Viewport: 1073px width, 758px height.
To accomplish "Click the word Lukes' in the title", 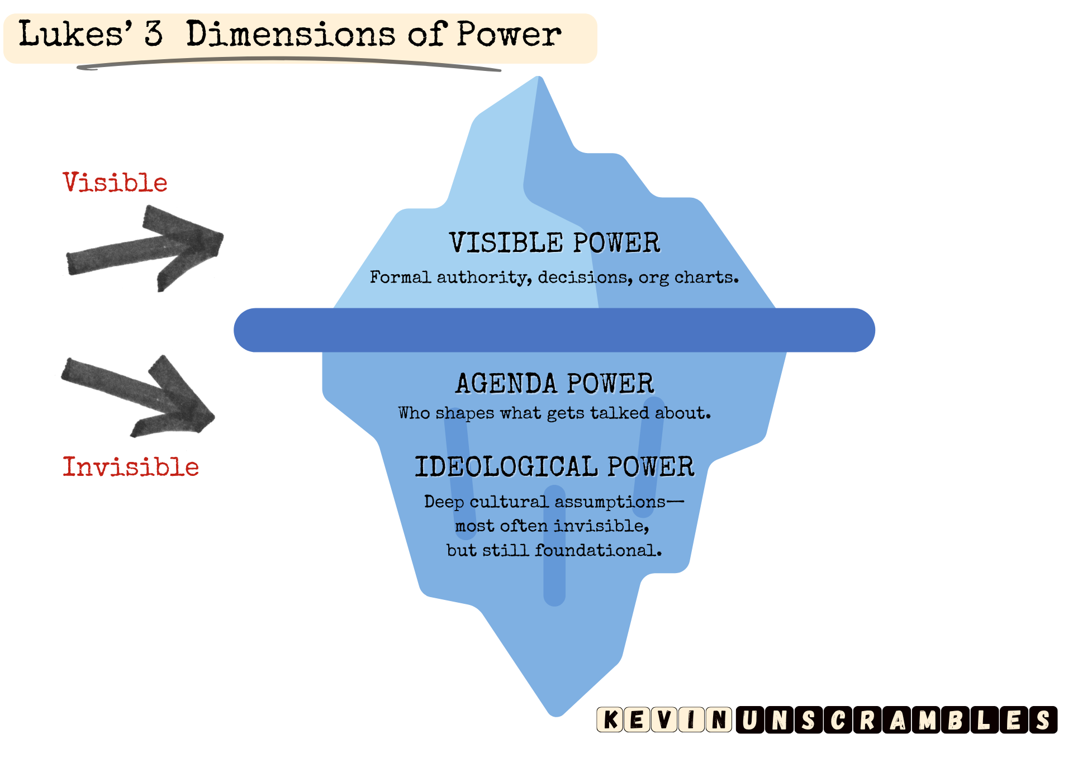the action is point(75,35).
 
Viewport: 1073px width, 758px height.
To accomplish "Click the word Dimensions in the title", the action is point(291,35).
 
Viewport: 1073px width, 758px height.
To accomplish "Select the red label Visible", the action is point(115,183).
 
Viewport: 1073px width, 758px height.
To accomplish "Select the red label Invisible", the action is point(131,467).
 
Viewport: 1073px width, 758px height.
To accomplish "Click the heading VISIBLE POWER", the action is point(554,243).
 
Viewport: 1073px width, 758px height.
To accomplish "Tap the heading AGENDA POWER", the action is point(554,384).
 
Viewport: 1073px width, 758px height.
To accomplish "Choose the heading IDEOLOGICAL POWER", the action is point(554,467).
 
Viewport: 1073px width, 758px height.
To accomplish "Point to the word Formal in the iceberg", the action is point(400,278).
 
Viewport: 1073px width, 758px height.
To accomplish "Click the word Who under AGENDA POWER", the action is point(414,413).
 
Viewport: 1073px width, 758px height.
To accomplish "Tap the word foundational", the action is point(598,551).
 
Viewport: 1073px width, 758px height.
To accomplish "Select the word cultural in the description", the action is point(509,502).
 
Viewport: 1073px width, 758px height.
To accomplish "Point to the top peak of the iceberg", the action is point(539,80).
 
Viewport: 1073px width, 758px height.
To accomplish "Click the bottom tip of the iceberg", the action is point(556,712).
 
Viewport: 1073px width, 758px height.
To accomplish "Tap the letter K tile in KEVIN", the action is point(610,719).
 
